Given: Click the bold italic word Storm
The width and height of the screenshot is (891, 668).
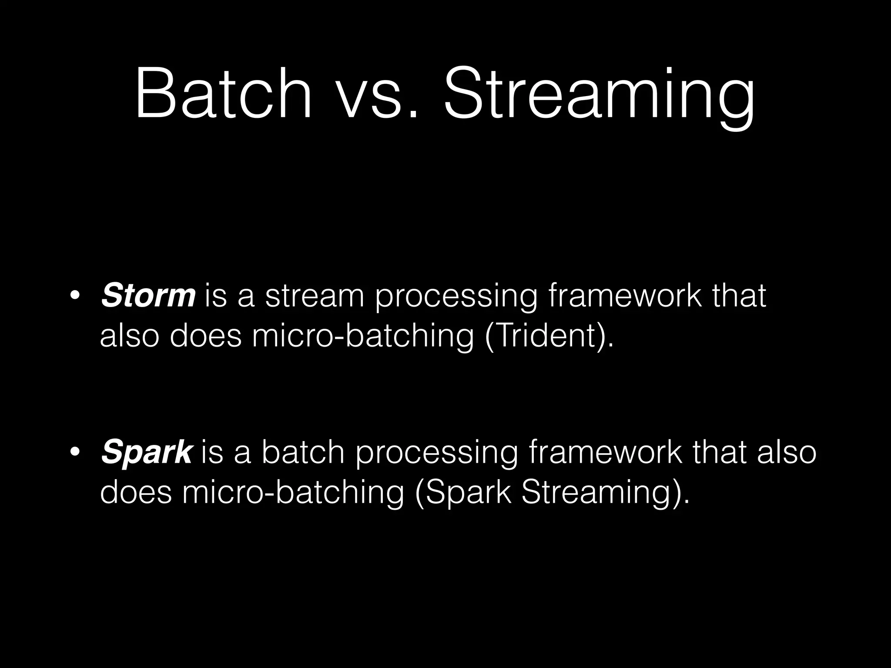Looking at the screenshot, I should tap(148, 295).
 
